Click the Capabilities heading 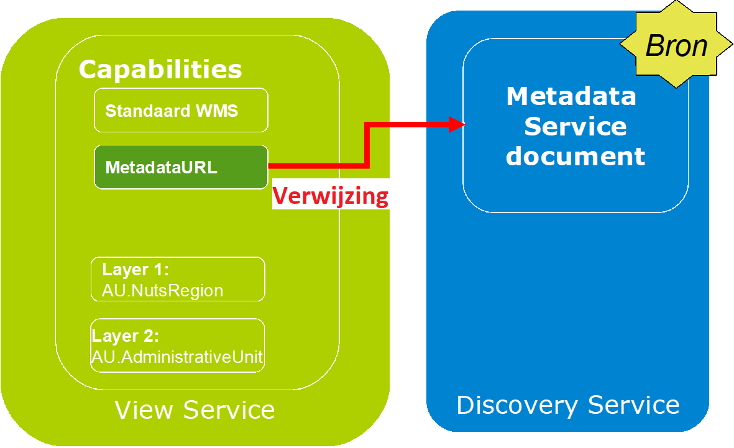tap(160, 70)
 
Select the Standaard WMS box tap(181, 110)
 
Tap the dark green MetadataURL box tap(181, 167)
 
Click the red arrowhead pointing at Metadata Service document tap(457, 124)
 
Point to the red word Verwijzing tap(331, 196)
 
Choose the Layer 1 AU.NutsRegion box tap(178, 279)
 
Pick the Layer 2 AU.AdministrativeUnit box tap(177, 345)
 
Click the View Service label tap(195, 409)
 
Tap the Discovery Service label tap(568, 405)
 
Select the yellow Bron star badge tap(676, 45)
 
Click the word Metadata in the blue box tap(571, 96)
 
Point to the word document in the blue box tap(576, 156)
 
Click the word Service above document tap(576, 126)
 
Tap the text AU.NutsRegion tap(162, 291)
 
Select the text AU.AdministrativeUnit tap(177, 357)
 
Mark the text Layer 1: tap(135, 270)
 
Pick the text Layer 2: tap(125, 336)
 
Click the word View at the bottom tap(144, 409)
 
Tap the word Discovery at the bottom tap(517, 405)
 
